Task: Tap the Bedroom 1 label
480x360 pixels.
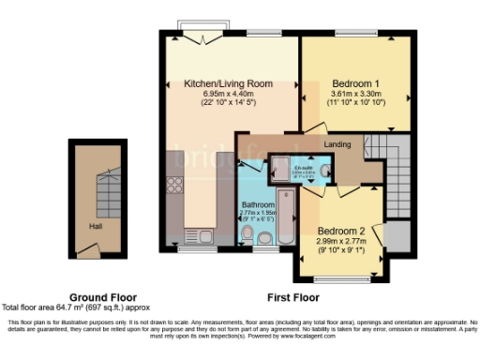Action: click(x=356, y=83)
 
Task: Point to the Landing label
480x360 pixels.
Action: click(x=337, y=144)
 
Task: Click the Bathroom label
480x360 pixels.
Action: click(x=258, y=204)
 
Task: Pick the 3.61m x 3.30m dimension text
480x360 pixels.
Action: click(x=356, y=94)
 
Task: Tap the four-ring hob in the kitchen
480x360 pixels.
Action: click(x=174, y=185)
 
